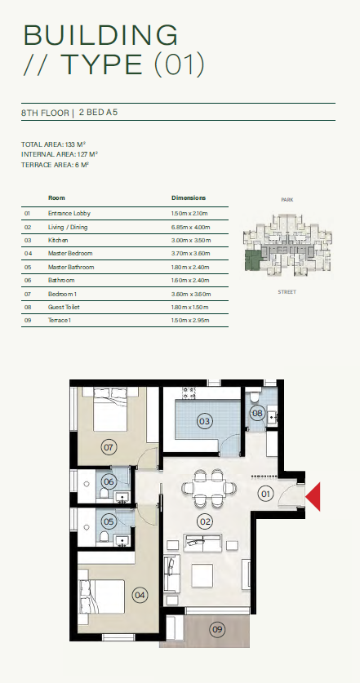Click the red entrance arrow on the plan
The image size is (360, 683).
pos(314,497)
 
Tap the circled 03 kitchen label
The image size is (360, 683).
pos(204,421)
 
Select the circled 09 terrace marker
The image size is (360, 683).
pos(217,629)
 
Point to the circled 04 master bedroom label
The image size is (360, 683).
pos(140,596)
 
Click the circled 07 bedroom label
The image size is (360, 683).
pos(109,447)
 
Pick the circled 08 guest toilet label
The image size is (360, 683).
pos(258,413)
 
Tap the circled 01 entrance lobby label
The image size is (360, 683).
pos(265,494)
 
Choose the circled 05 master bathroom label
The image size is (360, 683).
pos(109,521)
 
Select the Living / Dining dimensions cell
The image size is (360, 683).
pos(191,228)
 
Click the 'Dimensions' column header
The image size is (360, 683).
pos(189,197)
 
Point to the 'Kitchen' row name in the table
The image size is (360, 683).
pos(58,241)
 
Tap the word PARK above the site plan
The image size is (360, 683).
pos(287,200)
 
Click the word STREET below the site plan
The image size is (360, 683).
pos(287,292)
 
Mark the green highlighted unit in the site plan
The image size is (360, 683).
pos(251,260)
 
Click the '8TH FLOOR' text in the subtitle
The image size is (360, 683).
pos(45,113)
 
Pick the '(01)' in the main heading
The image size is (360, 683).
pos(180,64)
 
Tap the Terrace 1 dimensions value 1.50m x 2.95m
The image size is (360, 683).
pos(190,321)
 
